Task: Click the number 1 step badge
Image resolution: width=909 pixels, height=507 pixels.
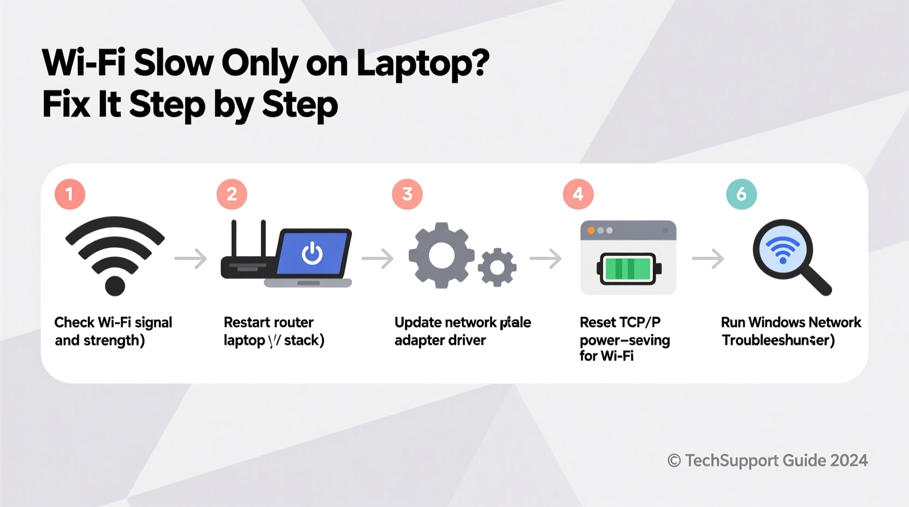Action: coord(70,194)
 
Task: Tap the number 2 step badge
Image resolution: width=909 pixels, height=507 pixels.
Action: coord(232,194)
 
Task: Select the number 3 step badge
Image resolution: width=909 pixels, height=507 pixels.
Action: coord(407,194)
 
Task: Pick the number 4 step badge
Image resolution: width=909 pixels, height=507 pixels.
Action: coord(578,194)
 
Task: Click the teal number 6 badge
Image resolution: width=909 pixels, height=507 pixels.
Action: coord(741,194)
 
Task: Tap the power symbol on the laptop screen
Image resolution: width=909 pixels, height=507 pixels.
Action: coord(312,253)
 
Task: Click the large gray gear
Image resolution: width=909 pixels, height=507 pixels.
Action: coord(441,255)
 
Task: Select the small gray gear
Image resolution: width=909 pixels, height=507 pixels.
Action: coord(497,267)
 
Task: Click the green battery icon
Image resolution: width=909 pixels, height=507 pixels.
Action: coord(628,269)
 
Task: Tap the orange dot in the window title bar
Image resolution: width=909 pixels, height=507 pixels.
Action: coord(591,231)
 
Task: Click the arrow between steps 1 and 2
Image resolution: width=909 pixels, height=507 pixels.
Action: coord(191,258)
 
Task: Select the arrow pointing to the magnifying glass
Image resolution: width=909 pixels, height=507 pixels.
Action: coord(708,258)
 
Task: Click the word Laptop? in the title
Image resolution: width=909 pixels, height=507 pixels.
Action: coord(423,64)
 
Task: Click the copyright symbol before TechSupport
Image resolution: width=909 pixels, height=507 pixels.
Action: coord(674,461)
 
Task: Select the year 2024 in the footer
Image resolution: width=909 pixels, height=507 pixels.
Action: coord(849,461)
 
